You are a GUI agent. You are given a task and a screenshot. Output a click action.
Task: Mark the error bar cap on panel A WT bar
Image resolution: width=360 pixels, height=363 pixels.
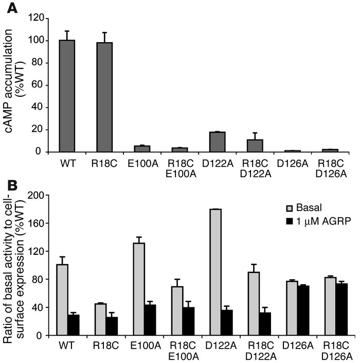coord(67,31)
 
